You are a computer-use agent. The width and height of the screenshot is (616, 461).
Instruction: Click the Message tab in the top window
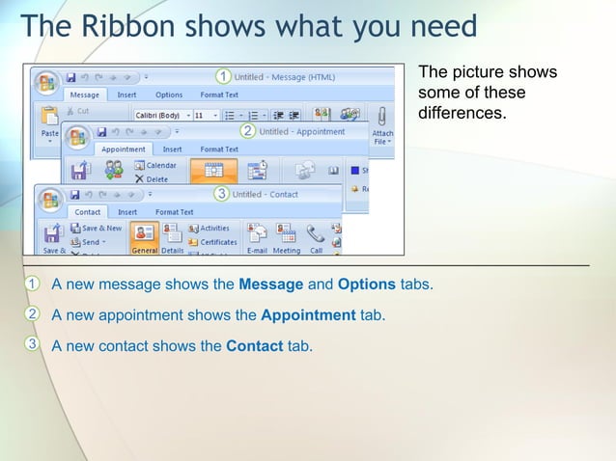(85, 95)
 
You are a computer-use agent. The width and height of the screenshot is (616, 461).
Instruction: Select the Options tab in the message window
(169, 95)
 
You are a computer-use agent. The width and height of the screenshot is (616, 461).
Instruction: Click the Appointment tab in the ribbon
(123, 149)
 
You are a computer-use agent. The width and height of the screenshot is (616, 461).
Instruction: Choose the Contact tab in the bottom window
(88, 212)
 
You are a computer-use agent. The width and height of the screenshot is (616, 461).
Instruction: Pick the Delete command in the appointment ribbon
(154, 178)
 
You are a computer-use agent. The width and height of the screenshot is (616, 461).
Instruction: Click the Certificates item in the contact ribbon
(217, 242)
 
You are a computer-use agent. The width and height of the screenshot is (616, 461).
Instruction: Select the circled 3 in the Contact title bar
(221, 194)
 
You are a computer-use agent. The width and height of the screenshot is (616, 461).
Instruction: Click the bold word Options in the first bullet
(367, 285)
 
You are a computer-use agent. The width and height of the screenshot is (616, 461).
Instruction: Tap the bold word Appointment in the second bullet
(308, 314)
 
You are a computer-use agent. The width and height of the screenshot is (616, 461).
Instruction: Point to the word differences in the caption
(462, 113)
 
